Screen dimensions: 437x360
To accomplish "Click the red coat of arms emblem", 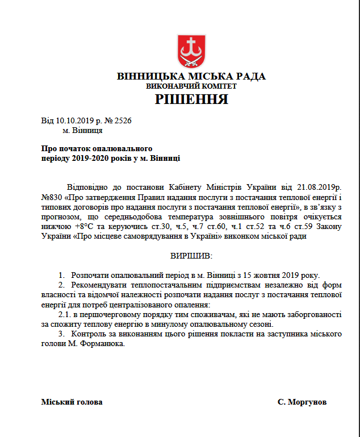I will [191, 51].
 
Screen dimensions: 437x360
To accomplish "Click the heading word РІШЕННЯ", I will [191, 101].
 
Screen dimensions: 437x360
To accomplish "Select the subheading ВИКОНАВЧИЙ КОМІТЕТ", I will [191, 86].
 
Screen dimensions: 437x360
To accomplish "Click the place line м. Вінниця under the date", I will [82, 130].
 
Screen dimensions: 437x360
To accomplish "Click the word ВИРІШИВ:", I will [191, 256].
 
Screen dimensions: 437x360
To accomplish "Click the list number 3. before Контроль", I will [62, 334].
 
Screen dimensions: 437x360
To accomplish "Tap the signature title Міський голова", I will [72, 402].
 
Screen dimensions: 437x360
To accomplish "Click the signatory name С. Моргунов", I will [302, 402].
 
